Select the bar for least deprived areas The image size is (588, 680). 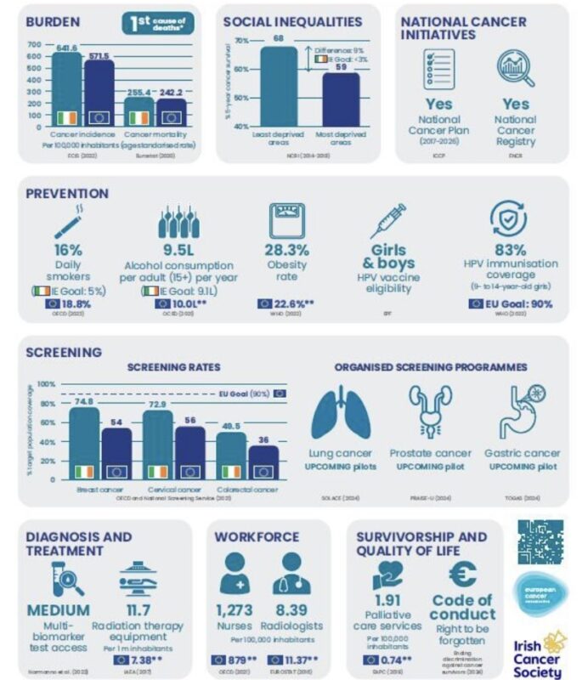tap(278, 85)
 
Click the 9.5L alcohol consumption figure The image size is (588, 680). tap(178, 251)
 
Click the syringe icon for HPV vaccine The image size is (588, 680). tap(387, 219)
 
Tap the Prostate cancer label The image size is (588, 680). tap(430, 453)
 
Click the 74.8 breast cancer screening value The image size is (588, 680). tap(83, 401)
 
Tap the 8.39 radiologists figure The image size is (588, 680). tap(291, 610)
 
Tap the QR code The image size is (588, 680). tap(540, 541)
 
